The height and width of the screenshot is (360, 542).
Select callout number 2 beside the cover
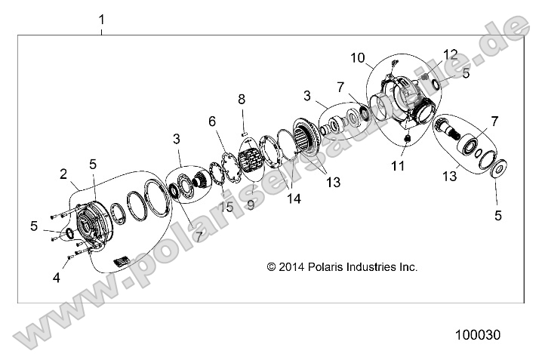pos(63,174)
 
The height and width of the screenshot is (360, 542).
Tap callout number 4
pos(56,277)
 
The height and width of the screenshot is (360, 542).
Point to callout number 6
pos(212,121)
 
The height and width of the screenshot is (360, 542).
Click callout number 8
pos(242,99)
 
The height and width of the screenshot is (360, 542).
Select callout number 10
pos(357,57)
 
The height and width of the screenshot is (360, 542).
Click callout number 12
pos(451,54)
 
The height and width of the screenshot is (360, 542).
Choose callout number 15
pos(224,207)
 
